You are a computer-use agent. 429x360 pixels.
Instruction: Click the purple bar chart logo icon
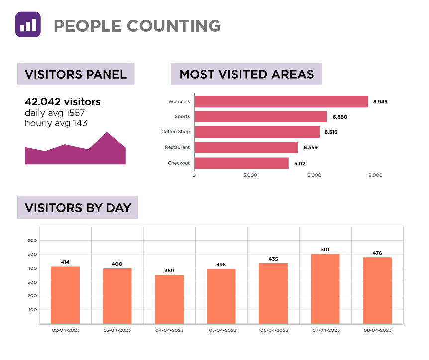28,24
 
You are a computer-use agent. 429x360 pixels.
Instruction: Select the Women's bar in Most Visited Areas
281,101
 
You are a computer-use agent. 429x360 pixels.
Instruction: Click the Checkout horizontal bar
241,163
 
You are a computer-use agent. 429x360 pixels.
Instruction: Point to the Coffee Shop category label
175,132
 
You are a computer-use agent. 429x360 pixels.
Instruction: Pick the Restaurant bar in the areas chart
246,147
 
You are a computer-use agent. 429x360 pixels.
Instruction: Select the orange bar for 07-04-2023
325,289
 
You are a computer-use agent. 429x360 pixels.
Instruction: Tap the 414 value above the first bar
65,262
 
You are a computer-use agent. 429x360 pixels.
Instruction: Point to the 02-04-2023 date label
65,330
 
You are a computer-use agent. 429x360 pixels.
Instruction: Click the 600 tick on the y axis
32,240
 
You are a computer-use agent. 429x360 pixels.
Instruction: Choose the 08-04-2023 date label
377,330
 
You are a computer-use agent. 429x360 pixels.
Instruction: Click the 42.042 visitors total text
63,102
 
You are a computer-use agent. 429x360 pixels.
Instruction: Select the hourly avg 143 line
56,123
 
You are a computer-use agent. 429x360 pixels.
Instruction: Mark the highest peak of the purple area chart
107,132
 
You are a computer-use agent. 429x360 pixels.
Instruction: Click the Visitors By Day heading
78,208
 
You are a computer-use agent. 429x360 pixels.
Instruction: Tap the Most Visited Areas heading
246,74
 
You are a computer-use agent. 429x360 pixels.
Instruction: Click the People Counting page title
137,25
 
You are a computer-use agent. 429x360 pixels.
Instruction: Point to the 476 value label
377,253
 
